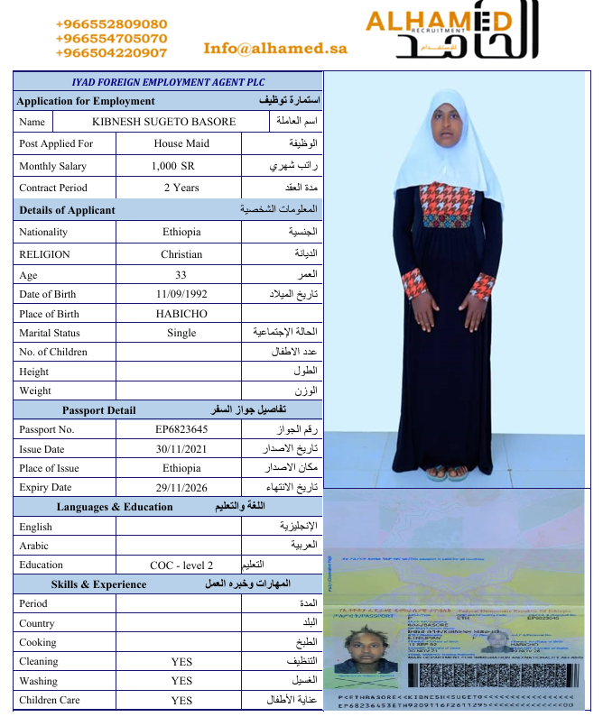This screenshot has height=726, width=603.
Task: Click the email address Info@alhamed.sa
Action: pyautogui.click(x=275, y=49)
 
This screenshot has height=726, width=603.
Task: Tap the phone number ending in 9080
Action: pyautogui.click(x=111, y=24)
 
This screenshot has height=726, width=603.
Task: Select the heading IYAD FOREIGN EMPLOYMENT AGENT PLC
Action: pyautogui.click(x=168, y=82)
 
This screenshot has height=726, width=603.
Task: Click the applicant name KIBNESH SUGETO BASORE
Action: pyautogui.click(x=163, y=122)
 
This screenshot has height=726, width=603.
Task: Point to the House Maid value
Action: pyautogui.click(x=181, y=143)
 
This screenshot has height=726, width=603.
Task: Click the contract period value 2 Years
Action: pyautogui.click(x=181, y=188)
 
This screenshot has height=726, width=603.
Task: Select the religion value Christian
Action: pyautogui.click(x=181, y=254)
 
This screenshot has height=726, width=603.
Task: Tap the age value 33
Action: pyautogui.click(x=181, y=274)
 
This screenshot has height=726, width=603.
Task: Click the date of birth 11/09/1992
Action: pyautogui.click(x=181, y=294)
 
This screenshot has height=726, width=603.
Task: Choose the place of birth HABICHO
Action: pyautogui.click(x=181, y=314)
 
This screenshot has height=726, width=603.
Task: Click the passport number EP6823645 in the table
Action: pyautogui.click(x=181, y=429)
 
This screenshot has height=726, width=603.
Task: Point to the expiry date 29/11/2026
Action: pyautogui.click(x=181, y=487)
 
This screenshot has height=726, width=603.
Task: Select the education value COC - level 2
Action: pyautogui.click(x=181, y=565)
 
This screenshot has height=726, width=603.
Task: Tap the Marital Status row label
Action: pyautogui.click(x=50, y=333)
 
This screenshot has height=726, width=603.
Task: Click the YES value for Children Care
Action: pyautogui.click(x=181, y=701)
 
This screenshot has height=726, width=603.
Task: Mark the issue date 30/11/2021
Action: pyautogui.click(x=181, y=449)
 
